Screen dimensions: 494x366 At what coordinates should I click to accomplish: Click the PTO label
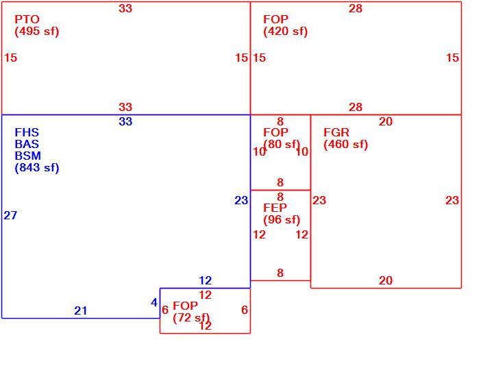27,19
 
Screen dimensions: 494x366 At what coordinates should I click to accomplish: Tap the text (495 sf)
37,32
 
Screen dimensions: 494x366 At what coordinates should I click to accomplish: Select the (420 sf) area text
286,32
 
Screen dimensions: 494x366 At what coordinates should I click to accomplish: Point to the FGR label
336,132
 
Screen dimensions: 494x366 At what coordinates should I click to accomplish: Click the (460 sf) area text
345,145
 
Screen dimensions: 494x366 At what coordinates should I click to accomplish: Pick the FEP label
275,208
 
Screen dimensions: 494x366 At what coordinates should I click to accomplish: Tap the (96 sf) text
282,220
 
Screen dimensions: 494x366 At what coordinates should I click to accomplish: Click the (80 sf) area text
282,144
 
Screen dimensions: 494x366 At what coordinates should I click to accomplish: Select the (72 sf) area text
191,317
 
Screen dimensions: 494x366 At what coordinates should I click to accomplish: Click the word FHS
27,132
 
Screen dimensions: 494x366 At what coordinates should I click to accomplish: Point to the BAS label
27,144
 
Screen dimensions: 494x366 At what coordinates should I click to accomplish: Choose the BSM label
27,156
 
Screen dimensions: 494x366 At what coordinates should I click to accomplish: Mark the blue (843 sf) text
37,167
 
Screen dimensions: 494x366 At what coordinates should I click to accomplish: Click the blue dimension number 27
10,215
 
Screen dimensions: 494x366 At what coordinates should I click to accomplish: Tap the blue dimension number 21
81,311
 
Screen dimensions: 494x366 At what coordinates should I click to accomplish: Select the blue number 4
154,303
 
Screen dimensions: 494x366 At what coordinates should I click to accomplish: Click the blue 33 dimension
125,121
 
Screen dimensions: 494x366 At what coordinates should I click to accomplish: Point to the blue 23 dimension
241,200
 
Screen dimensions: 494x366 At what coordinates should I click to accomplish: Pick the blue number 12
206,280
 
